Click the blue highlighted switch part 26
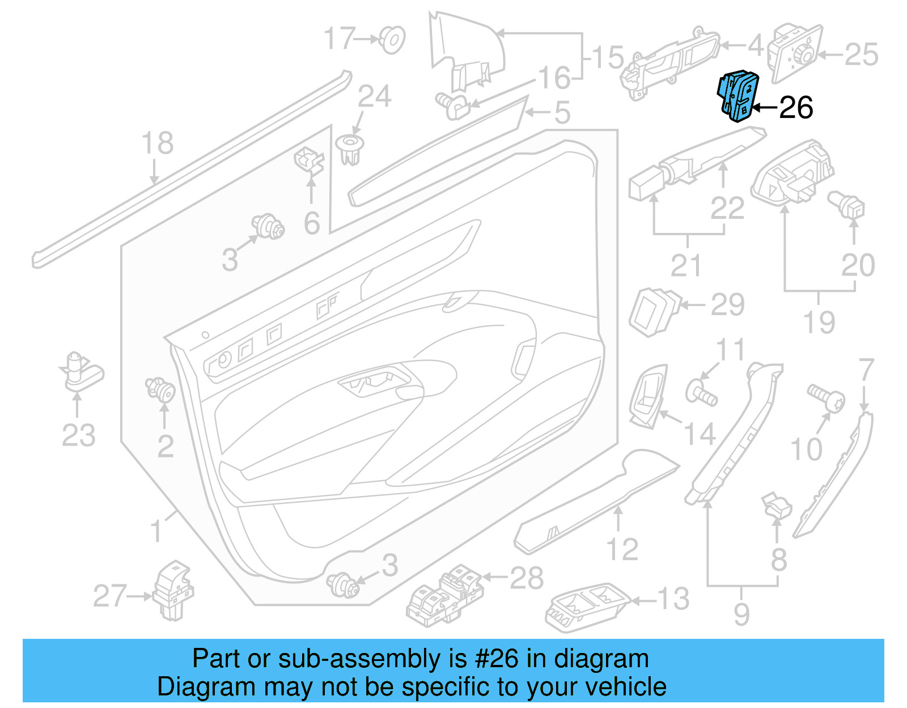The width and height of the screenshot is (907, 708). point(738,96)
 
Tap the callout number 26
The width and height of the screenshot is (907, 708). point(796,108)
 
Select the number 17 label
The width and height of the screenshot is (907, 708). point(340,39)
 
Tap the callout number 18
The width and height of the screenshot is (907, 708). point(157,143)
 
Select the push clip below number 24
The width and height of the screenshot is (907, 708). point(350,149)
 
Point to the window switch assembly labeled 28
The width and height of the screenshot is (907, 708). point(445,595)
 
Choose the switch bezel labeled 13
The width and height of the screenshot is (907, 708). point(587,606)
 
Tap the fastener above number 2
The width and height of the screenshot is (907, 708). point(161,389)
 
